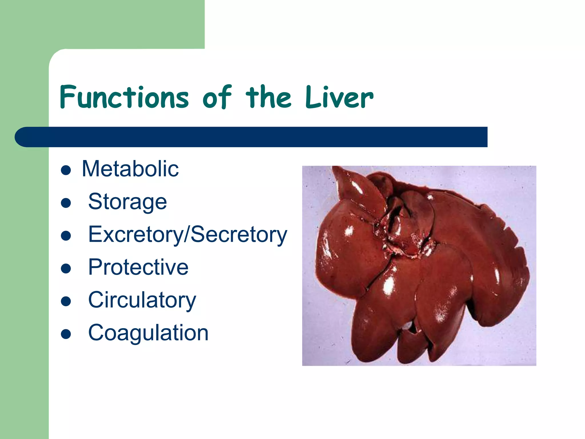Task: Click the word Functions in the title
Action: [x=124, y=97]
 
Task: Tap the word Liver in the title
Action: [x=339, y=97]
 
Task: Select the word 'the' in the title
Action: [x=269, y=97]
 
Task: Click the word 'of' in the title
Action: [x=217, y=97]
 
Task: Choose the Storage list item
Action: [x=127, y=201]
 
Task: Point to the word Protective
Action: [x=138, y=267]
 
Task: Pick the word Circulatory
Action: [x=142, y=300]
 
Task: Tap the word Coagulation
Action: [x=148, y=333]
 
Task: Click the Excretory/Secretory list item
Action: [x=188, y=234]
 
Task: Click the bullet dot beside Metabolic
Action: [x=66, y=170]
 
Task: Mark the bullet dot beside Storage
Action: [x=66, y=203]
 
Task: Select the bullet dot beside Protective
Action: [x=66, y=269]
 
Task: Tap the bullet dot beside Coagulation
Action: [x=66, y=334]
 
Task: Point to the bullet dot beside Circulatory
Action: [x=66, y=301]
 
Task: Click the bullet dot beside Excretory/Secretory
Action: [x=66, y=236]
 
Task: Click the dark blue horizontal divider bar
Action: [x=251, y=137]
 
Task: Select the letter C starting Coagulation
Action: [x=96, y=333]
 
